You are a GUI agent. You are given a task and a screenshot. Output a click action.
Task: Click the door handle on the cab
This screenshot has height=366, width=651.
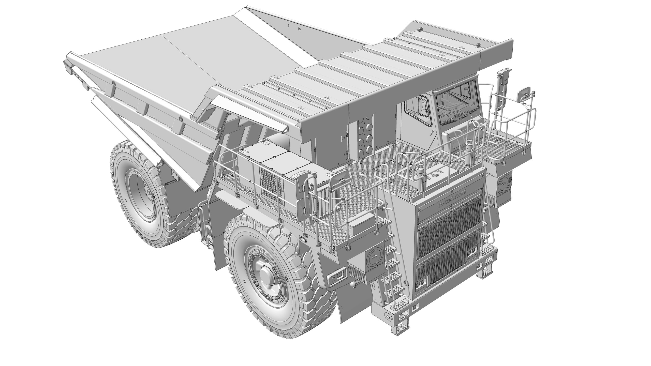(433, 132)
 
